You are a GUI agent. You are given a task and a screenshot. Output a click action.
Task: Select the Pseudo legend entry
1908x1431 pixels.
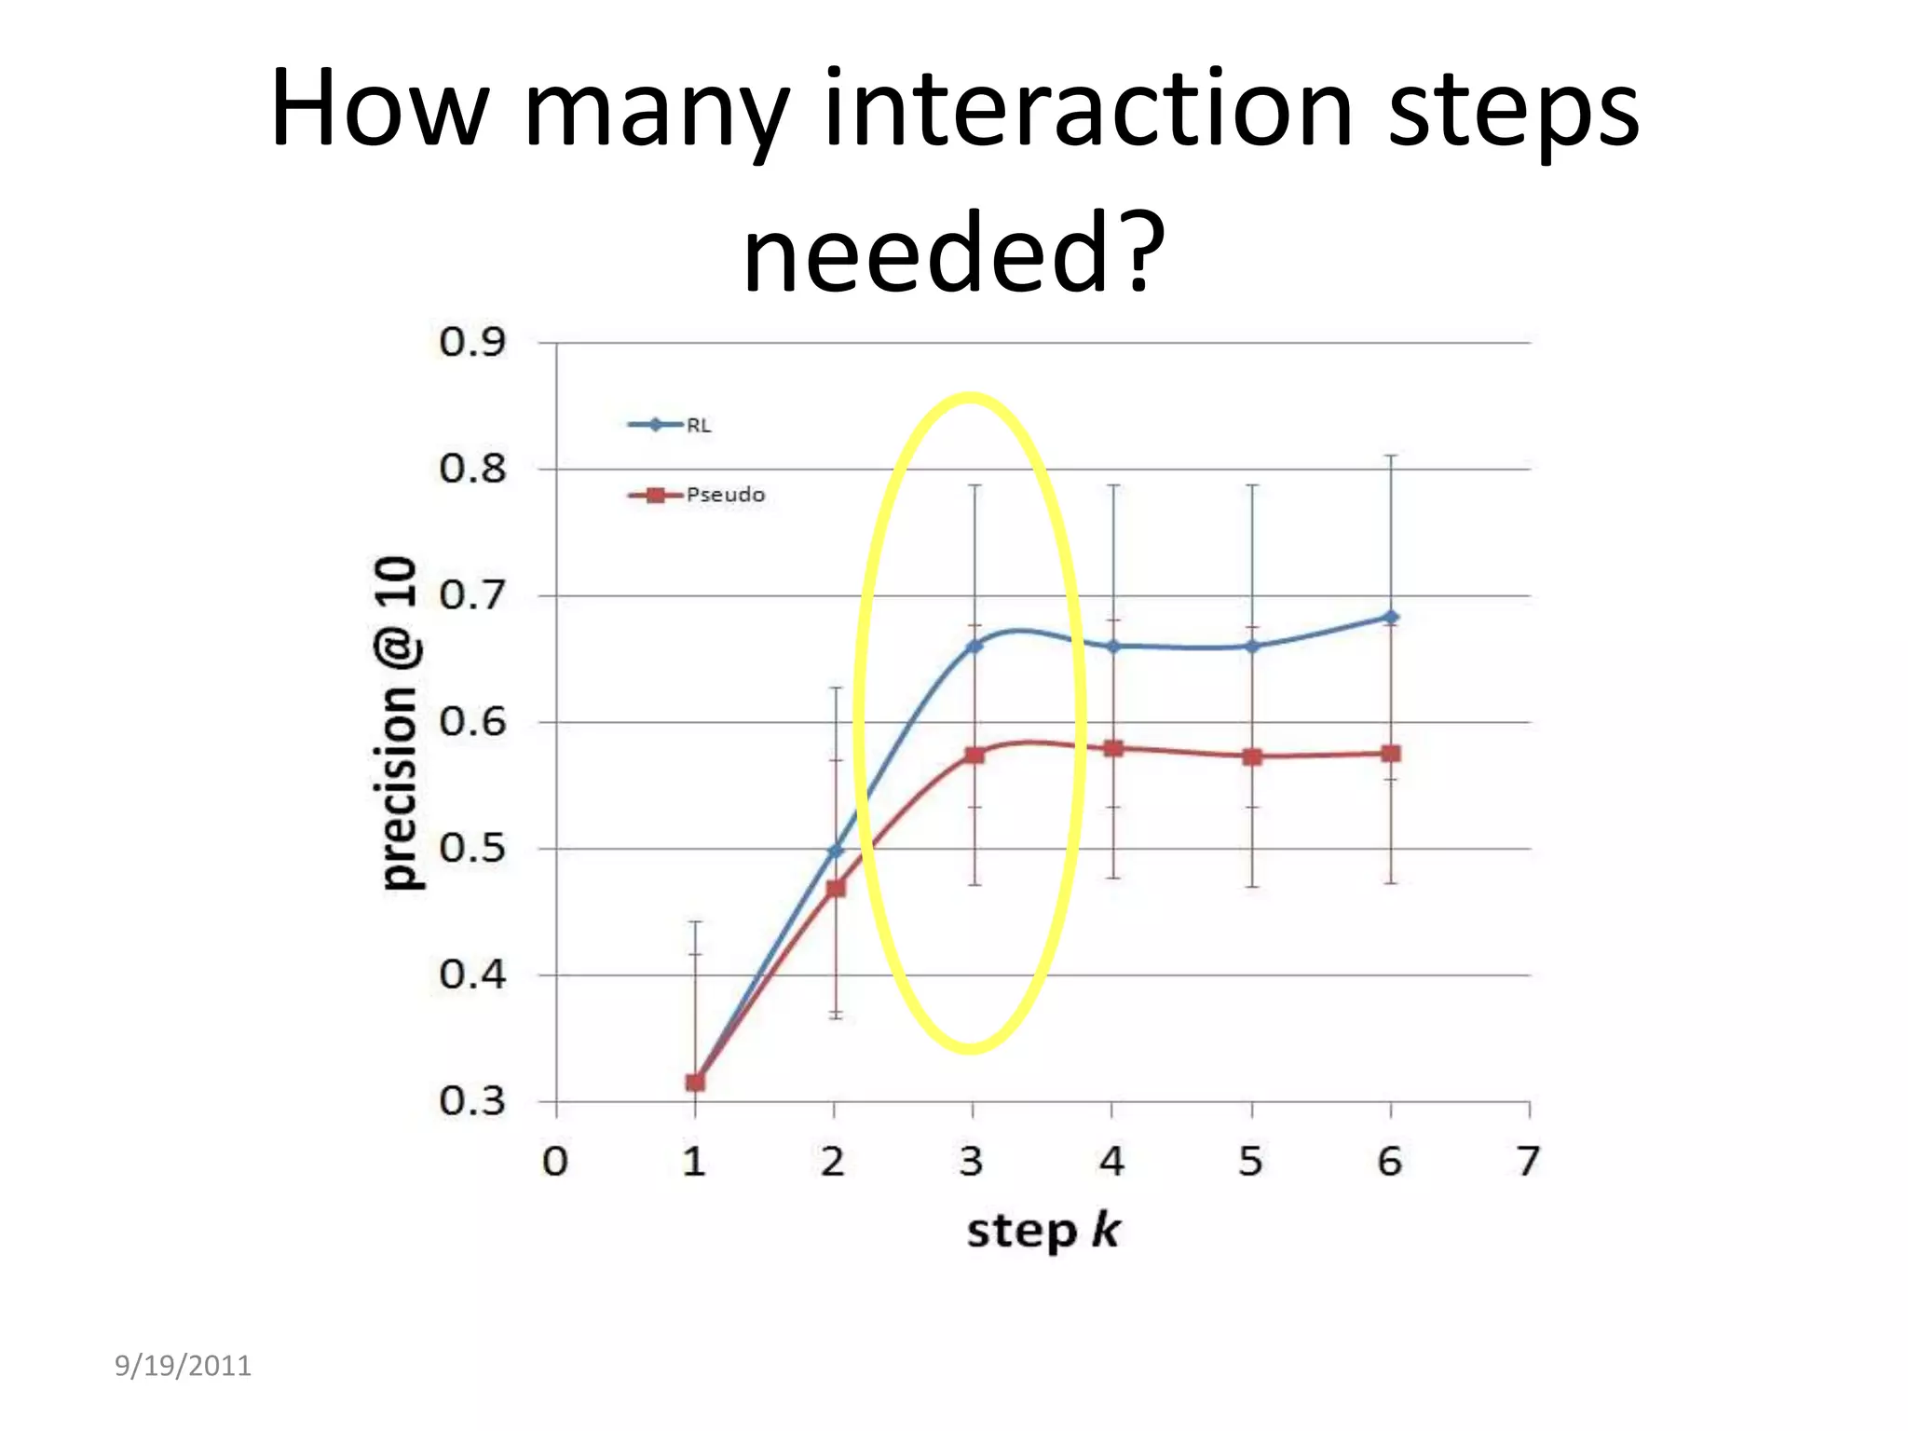pyautogui.click(x=697, y=495)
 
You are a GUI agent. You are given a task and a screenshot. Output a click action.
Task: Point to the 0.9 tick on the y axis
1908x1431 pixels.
pyautogui.click(x=472, y=342)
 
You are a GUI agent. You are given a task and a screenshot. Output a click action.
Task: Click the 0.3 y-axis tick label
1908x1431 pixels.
pyautogui.click(x=472, y=1100)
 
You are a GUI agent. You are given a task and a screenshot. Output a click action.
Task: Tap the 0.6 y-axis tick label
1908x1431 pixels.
pyautogui.click(x=472, y=721)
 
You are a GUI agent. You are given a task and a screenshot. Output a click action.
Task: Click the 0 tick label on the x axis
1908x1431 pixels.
pyautogui.click(x=555, y=1162)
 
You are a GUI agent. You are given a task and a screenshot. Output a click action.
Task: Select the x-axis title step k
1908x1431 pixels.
pyautogui.click(x=1043, y=1231)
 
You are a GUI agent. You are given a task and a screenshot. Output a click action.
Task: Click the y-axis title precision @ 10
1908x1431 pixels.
pyautogui.click(x=398, y=723)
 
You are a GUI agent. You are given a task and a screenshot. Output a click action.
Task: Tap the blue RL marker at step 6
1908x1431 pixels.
pyautogui.click(x=1390, y=617)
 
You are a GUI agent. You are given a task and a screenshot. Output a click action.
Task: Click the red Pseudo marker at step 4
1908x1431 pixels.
pyautogui.click(x=1112, y=748)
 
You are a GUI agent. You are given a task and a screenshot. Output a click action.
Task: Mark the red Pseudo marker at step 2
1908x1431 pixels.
pyautogui.click(x=836, y=888)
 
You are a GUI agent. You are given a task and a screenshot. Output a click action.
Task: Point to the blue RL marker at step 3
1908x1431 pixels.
pyautogui.click(x=974, y=646)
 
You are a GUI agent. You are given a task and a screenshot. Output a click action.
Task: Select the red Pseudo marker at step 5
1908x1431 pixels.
pyautogui.click(x=1252, y=756)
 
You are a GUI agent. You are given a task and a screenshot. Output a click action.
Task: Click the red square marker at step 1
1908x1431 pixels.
pyautogui.click(x=695, y=1082)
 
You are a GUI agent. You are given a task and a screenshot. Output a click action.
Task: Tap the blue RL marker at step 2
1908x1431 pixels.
pyautogui.click(x=836, y=850)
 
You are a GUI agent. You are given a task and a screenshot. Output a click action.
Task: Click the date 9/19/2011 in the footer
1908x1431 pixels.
pyautogui.click(x=183, y=1366)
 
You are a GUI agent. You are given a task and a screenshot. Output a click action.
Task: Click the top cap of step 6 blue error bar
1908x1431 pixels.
pyautogui.click(x=1390, y=456)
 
